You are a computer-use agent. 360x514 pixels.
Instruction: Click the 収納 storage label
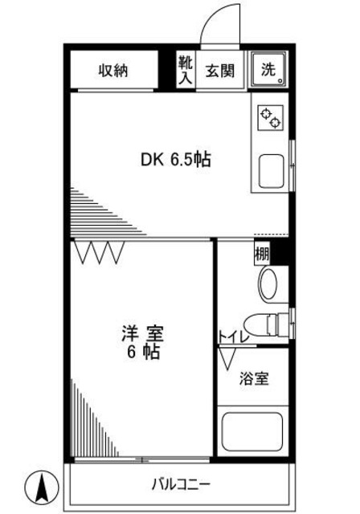pyautogui.click(x=114, y=71)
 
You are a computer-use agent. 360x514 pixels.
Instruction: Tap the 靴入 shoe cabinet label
pyautogui.click(x=185, y=71)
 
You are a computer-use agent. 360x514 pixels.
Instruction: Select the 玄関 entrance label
pyautogui.click(x=219, y=71)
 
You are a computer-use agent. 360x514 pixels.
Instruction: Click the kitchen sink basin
pyautogui.click(x=269, y=170)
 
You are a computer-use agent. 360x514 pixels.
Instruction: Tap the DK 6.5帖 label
pyautogui.click(x=176, y=160)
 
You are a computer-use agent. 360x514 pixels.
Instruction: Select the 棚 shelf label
pyautogui.click(x=262, y=254)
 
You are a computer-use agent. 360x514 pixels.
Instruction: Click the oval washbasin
pyautogui.click(x=268, y=283)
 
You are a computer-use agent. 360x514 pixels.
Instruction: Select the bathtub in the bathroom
pyautogui.click(x=255, y=434)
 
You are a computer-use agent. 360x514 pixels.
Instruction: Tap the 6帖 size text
pyautogui.click(x=141, y=352)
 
